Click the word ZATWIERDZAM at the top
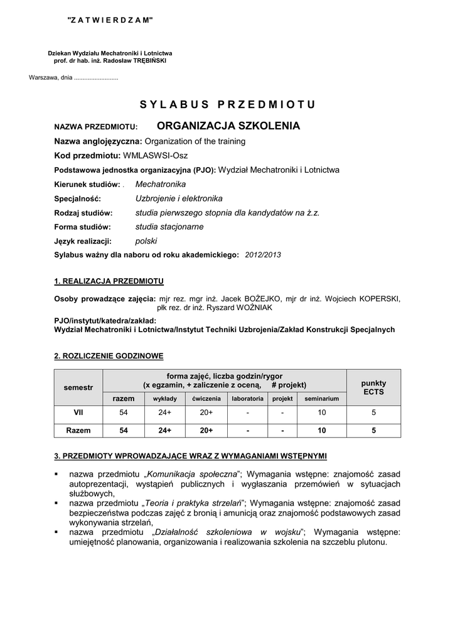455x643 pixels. pos(110,21)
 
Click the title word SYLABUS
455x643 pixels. pos(173,104)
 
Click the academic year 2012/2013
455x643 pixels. pos(263,255)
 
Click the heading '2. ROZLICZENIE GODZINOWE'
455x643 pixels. pos(109,356)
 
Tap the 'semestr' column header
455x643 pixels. pos(78,387)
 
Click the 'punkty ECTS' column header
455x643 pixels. pos(373,387)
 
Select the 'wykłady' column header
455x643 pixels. pos(165,399)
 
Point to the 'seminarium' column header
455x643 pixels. pos(322,399)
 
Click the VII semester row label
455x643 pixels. pos(78,413)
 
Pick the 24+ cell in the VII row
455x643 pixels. pos(165,413)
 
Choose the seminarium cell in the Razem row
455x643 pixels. pos(322,431)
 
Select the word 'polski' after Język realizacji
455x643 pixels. pos(146,240)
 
